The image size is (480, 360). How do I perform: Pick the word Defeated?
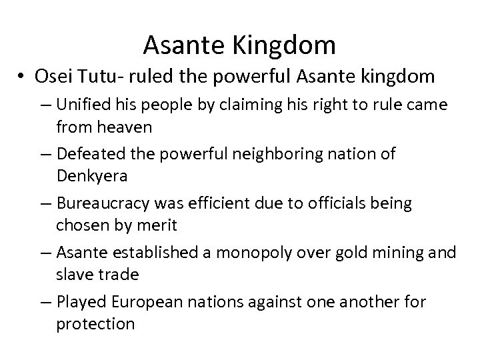pos(91,155)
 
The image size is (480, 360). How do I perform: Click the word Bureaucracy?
pos(103,203)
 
